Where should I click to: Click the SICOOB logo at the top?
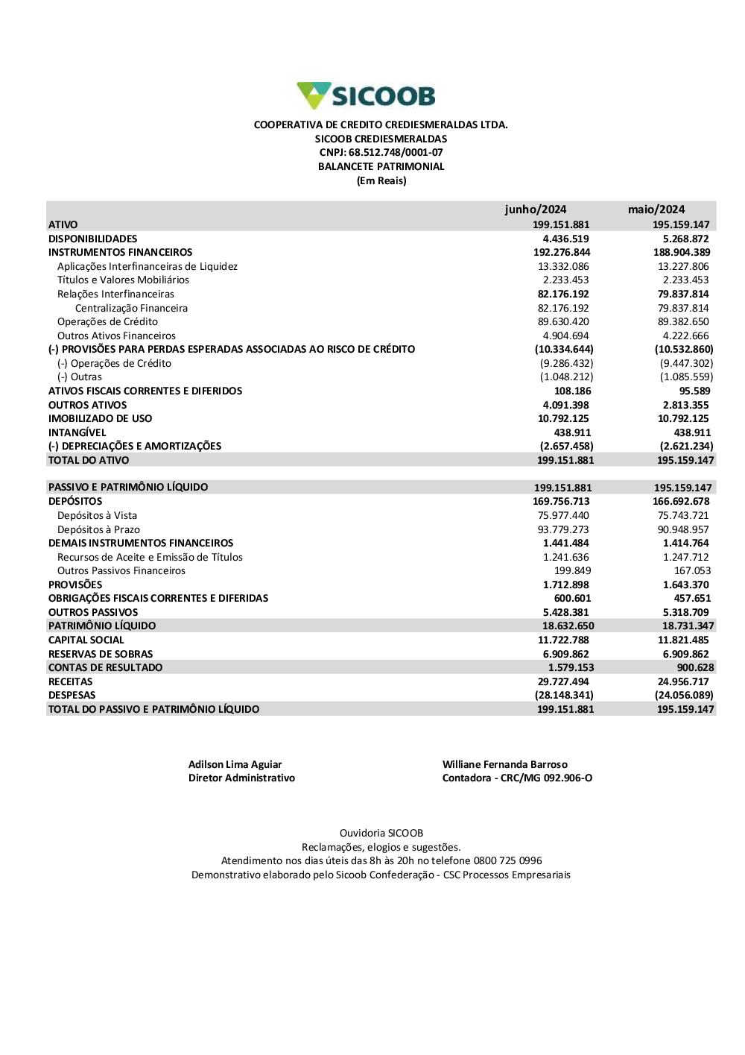[366, 96]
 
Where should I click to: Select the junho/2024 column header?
[535, 210]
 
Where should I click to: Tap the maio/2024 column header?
[656, 210]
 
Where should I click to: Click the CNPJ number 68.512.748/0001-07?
[396, 153]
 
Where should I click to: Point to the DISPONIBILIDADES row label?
[92, 239]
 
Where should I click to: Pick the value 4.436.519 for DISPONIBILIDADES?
[565, 239]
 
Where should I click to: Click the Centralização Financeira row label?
[131, 308]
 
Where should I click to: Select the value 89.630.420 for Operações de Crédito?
[563, 322]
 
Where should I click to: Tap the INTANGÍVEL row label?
[77, 432]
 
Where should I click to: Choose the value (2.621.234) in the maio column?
[686, 447]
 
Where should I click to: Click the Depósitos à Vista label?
[97, 515]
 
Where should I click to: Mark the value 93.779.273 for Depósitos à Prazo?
[563, 529]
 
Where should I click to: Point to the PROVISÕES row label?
[75, 585]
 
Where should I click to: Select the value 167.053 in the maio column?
[692, 571]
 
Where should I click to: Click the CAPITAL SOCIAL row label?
[86, 640]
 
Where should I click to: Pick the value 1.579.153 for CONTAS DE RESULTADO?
[571, 668]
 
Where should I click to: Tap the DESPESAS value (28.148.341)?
[564, 696]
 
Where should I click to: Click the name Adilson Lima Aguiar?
[235, 764]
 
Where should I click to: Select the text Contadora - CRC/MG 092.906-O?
[517, 778]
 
